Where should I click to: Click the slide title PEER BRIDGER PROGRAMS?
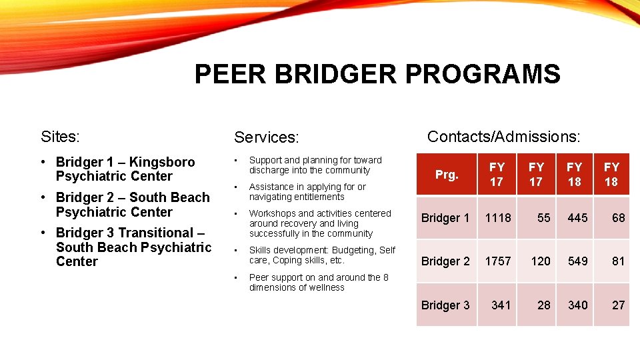377,74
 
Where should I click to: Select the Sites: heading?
60,137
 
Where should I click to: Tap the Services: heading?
265,137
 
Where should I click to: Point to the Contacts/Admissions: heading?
503,137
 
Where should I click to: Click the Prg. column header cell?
447,175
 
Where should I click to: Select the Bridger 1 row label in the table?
445,218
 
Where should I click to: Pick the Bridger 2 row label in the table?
445,261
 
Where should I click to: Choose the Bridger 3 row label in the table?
445,305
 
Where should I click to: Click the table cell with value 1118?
497,218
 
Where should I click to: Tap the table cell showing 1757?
497,261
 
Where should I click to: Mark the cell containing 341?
501,305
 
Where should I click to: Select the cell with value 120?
541,261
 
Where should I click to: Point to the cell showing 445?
577,218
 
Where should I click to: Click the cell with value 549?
577,261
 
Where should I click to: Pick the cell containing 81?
618,261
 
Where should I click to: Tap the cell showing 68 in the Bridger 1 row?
618,218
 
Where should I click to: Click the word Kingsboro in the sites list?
162,162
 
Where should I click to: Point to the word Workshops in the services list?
273,213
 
